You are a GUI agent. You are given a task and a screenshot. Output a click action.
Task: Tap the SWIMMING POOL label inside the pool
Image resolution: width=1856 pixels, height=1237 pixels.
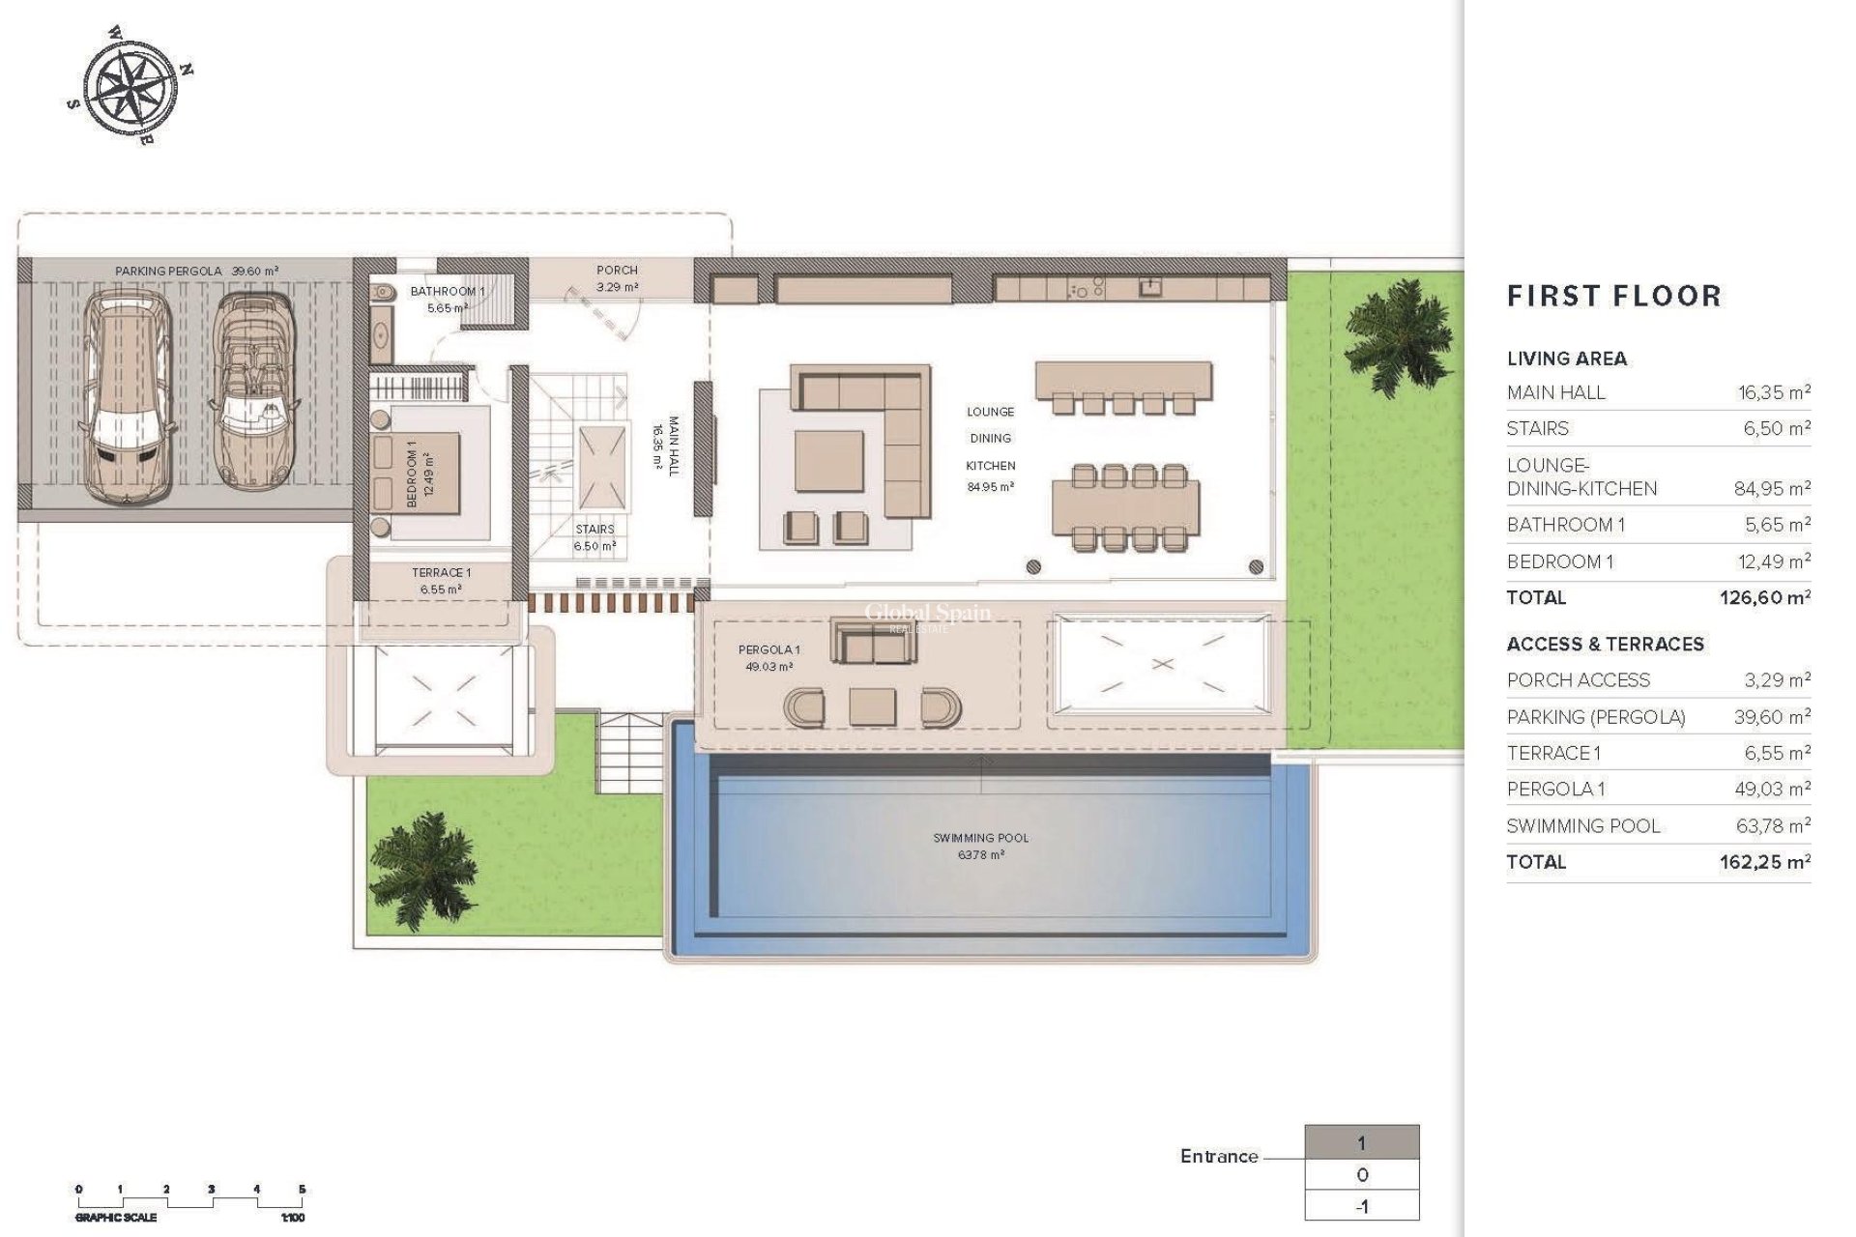point(980,838)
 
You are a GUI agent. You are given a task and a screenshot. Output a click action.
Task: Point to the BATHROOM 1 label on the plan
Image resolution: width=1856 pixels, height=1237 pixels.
point(447,291)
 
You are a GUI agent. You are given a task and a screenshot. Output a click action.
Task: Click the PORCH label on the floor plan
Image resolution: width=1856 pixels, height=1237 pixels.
point(617,271)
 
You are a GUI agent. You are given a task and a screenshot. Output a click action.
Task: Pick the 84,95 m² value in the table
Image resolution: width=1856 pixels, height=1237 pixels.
point(1771,489)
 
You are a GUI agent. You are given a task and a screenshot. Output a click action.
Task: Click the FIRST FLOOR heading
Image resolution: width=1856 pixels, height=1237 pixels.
point(1613,296)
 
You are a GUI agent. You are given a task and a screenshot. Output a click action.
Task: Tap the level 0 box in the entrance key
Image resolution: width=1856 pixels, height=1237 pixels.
point(1361,1175)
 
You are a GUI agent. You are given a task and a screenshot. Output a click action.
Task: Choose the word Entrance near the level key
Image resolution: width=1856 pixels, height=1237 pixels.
point(1218,1156)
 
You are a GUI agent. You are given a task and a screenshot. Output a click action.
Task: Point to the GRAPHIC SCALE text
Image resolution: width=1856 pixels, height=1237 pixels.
point(116,1218)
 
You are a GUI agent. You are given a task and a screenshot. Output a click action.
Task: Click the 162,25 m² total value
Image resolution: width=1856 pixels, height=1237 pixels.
point(1764,862)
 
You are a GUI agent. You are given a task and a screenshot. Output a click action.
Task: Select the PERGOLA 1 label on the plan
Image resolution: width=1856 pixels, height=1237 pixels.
point(768,649)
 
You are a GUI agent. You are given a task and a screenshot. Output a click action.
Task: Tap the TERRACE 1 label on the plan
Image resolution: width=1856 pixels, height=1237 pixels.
point(441,573)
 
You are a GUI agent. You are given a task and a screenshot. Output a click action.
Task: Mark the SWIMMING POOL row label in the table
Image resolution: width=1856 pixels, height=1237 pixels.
point(1582,826)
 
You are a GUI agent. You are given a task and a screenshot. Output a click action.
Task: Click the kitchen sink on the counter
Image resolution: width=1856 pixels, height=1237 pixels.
point(1149,287)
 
